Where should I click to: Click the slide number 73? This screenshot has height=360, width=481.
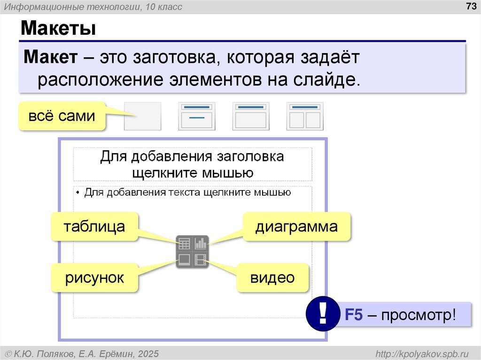(470, 6)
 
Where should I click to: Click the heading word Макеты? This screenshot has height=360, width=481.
(58, 29)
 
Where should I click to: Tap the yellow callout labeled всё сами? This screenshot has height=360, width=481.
(62, 115)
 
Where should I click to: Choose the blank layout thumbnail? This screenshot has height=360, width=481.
(142, 116)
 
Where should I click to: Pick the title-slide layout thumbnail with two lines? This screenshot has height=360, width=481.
(196, 116)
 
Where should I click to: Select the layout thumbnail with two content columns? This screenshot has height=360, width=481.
(305, 116)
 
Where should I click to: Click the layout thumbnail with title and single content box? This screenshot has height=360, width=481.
(251, 116)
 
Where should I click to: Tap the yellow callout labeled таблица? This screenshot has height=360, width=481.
(94, 227)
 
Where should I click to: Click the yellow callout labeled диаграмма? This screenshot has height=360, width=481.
(296, 227)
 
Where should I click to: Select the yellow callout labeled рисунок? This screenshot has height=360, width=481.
(94, 278)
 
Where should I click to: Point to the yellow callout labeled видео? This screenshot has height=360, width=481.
(272, 278)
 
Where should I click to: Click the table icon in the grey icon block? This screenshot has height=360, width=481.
(184, 244)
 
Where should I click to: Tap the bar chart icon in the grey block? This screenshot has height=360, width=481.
(201, 244)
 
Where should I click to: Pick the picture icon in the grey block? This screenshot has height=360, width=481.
(184, 260)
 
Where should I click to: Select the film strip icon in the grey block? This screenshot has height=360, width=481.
(201, 260)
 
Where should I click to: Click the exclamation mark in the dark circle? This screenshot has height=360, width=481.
(322, 314)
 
